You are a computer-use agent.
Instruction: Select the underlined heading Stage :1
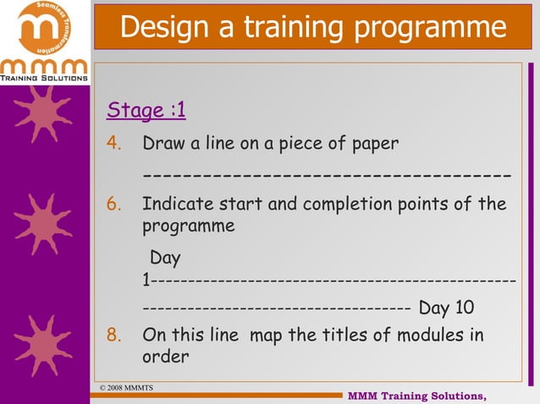(146, 111)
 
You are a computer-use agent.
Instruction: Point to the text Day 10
(447, 307)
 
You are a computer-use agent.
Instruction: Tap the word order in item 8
(166, 357)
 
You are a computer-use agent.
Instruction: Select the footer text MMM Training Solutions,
(417, 396)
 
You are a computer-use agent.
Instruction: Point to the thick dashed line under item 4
(327, 176)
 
